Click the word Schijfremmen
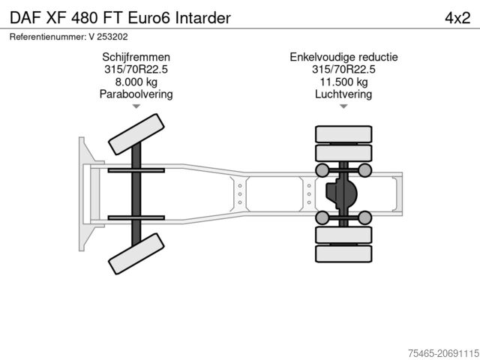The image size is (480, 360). click(x=136, y=57)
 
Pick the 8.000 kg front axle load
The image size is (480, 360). click(x=136, y=82)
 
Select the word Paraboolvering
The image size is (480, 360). click(x=136, y=94)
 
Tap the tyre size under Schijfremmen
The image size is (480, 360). click(x=136, y=70)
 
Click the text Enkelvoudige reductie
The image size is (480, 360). click(x=343, y=57)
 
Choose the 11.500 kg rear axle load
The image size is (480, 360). click(x=343, y=82)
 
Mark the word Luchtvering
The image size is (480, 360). click(x=343, y=94)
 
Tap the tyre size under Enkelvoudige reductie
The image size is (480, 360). click(x=343, y=70)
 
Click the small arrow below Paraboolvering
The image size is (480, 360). click(x=136, y=106)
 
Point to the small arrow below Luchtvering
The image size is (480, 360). click(x=343, y=106)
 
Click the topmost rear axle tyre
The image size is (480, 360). click(x=343, y=135)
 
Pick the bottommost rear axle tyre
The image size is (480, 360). click(x=343, y=253)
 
